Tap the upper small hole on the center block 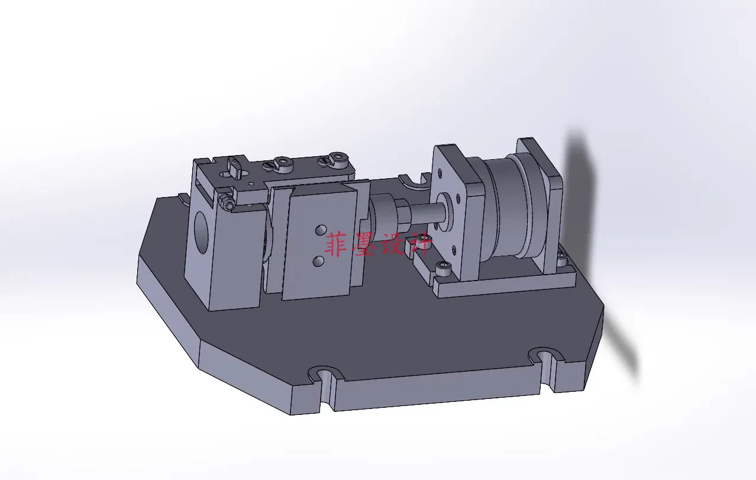tap(320, 229)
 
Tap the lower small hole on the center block tap(318, 259)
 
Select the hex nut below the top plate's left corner tap(228, 202)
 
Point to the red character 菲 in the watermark tap(338, 244)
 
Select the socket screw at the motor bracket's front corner tap(444, 269)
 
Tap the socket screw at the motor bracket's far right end tap(561, 257)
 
